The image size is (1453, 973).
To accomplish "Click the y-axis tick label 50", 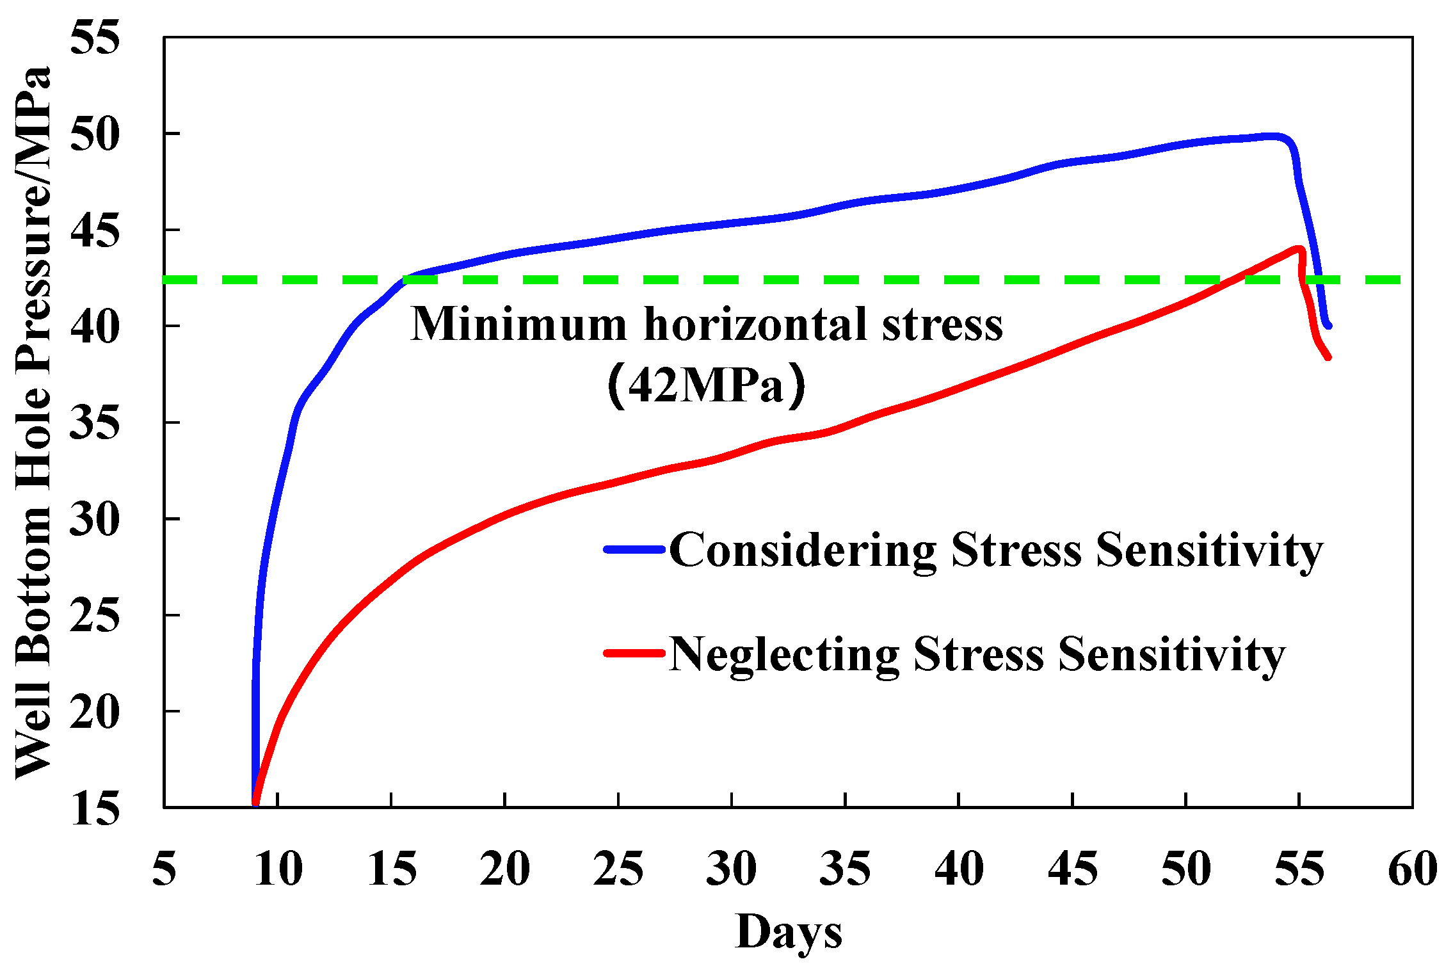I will coord(95,135).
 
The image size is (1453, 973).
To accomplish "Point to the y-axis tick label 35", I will coord(95,424).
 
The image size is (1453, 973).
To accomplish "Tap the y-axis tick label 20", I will coord(95,712).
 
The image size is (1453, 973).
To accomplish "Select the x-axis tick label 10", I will coord(278,869).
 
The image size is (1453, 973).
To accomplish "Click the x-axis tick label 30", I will coord(732,869).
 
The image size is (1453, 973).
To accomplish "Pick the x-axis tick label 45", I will coord(1073,869).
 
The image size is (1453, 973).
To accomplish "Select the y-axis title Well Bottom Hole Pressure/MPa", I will coord(33,422).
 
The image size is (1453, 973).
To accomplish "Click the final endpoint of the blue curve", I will coord(1329,326).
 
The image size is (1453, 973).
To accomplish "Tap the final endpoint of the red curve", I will coord(1328,357).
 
